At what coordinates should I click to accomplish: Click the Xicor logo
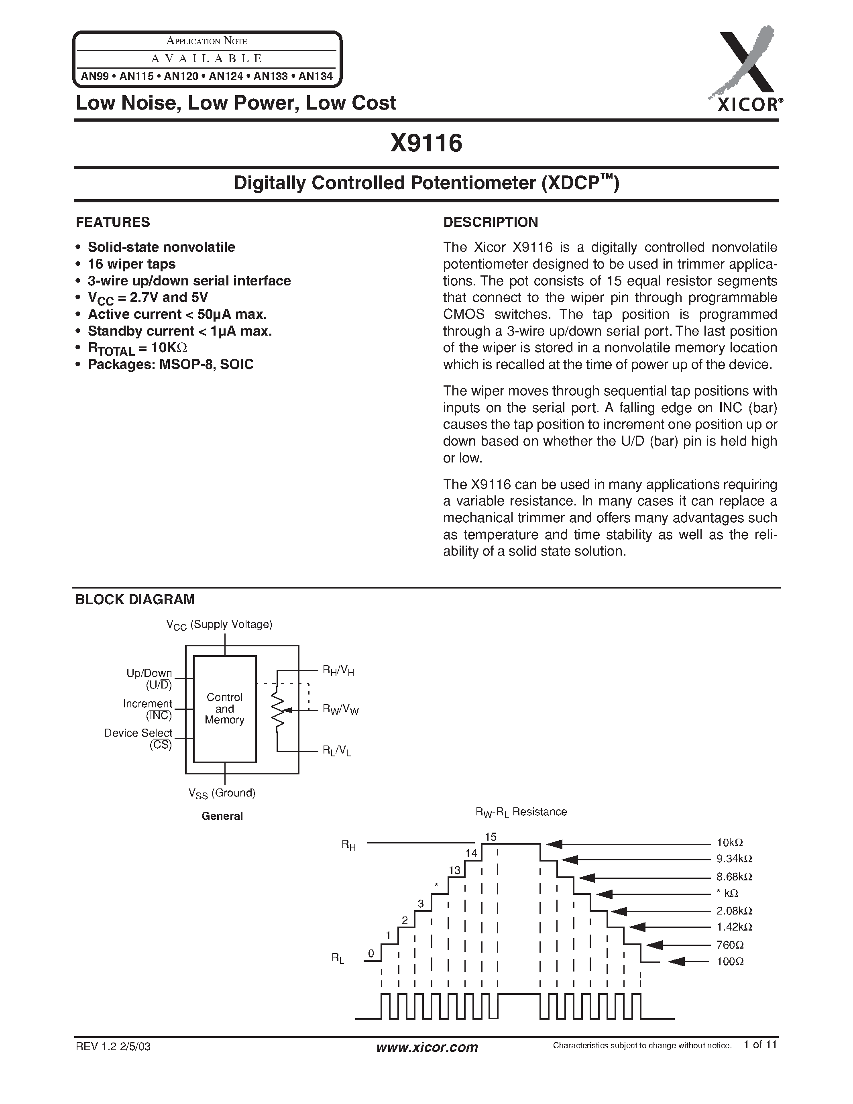coord(745,71)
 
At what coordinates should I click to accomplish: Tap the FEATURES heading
coord(113,222)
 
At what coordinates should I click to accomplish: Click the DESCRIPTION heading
coord(490,222)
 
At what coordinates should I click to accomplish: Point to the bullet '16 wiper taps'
coord(131,264)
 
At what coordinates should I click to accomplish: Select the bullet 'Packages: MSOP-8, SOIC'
coord(170,365)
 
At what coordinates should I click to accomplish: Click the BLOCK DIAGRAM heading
coord(134,599)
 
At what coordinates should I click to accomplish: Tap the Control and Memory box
coord(225,709)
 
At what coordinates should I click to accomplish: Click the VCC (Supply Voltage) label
coord(219,625)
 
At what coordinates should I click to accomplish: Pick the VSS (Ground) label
coord(222,793)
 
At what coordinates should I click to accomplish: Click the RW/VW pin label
coord(340,710)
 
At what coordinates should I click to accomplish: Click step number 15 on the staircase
coord(490,837)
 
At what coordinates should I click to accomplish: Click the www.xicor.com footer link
coord(427,1047)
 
